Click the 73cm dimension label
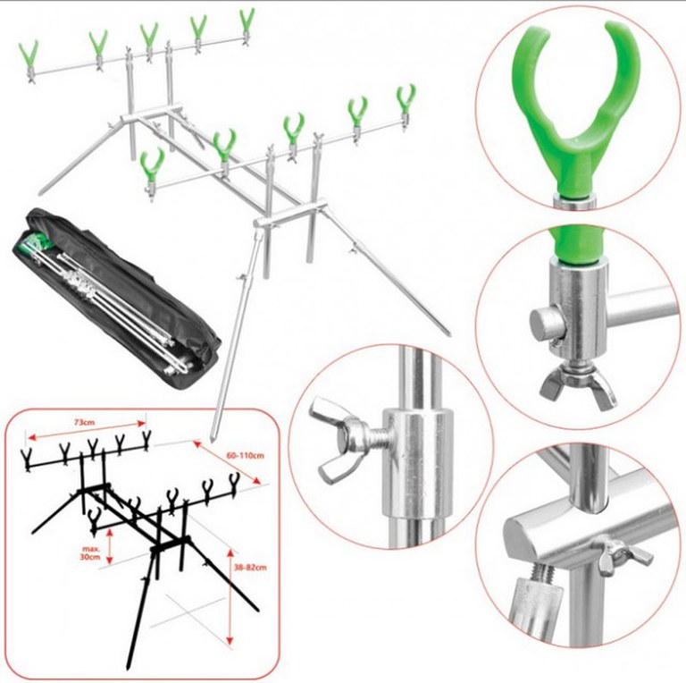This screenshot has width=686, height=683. pyautogui.click(x=84, y=422)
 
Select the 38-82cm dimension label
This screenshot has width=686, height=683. pyautogui.click(x=250, y=567)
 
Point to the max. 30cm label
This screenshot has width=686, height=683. pyautogui.click(x=91, y=552)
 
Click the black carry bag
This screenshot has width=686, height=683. pyautogui.click(x=116, y=299)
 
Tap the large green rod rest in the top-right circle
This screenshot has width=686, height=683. pyautogui.click(x=576, y=109)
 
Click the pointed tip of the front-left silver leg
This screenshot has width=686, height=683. pyautogui.click(x=213, y=439)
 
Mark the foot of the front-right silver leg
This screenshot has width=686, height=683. pyautogui.click(x=448, y=333)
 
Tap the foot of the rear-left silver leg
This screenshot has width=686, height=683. pyautogui.click(x=42, y=193)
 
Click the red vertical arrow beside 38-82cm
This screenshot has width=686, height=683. pyautogui.click(x=230, y=597)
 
